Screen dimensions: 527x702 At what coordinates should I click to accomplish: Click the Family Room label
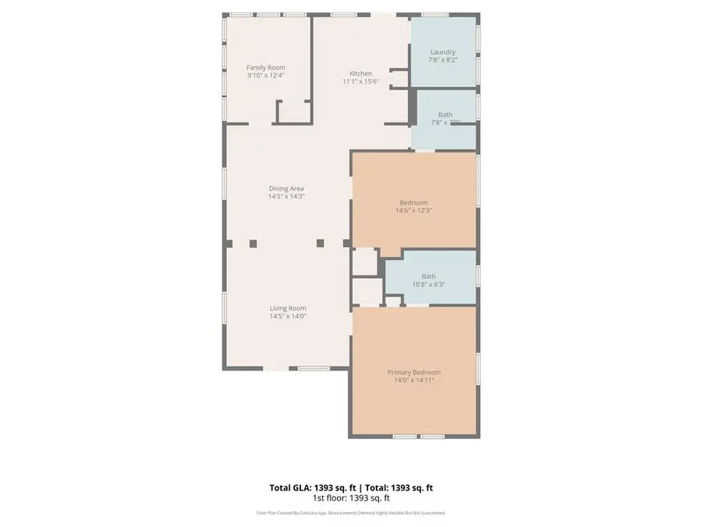point(266,68)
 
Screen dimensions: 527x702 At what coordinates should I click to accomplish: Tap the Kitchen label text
point(360,73)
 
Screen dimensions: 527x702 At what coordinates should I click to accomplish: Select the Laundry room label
point(443,52)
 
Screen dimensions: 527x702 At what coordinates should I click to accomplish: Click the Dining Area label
point(286,188)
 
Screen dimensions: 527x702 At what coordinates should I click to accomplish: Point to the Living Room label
point(287,308)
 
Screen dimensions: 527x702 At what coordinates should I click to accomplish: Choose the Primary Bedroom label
point(414,372)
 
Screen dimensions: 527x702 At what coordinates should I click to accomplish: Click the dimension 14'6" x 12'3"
point(413,210)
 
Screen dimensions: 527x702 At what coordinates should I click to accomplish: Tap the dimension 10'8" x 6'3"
point(429,284)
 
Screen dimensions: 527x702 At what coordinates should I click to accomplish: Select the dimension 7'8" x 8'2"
point(443,60)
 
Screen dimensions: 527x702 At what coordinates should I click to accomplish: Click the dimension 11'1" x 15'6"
point(360,81)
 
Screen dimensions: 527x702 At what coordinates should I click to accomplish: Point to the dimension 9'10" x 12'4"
point(266,76)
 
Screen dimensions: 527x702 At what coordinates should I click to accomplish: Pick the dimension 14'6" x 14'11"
point(414,380)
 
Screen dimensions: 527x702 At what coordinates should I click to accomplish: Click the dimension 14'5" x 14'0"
point(287,316)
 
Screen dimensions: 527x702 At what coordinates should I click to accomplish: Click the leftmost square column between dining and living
point(253,244)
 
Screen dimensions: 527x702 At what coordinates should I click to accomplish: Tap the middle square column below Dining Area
point(320,244)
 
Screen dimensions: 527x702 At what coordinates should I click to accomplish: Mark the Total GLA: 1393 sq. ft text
point(307,488)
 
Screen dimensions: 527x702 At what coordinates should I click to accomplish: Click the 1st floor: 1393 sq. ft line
point(351,497)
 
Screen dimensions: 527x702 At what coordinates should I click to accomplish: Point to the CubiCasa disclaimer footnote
point(351,513)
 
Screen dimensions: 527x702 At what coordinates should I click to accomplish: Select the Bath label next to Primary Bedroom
point(429,276)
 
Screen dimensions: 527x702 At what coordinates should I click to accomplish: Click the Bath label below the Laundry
point(445,114)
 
